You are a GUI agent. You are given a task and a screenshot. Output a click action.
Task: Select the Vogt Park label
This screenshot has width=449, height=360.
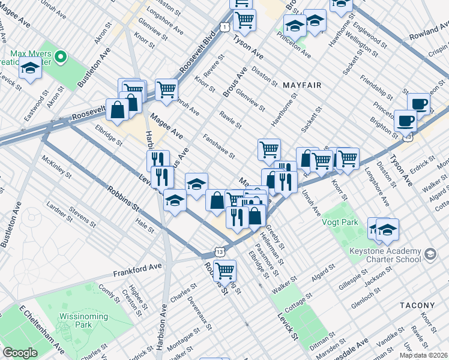(x=341, y=223)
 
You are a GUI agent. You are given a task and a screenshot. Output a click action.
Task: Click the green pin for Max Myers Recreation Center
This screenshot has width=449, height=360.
(x=60, y=58)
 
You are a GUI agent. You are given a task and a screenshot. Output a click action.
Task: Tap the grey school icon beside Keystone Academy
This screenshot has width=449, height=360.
(x=430, y=255)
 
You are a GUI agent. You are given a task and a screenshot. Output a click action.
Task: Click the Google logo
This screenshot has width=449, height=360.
(x=20, y=353)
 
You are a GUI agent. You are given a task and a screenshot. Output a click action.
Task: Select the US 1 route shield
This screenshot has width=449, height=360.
(x=223, y=27)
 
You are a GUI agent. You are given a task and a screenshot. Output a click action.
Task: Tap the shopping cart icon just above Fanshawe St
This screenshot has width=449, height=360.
(x=269, y=149)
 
